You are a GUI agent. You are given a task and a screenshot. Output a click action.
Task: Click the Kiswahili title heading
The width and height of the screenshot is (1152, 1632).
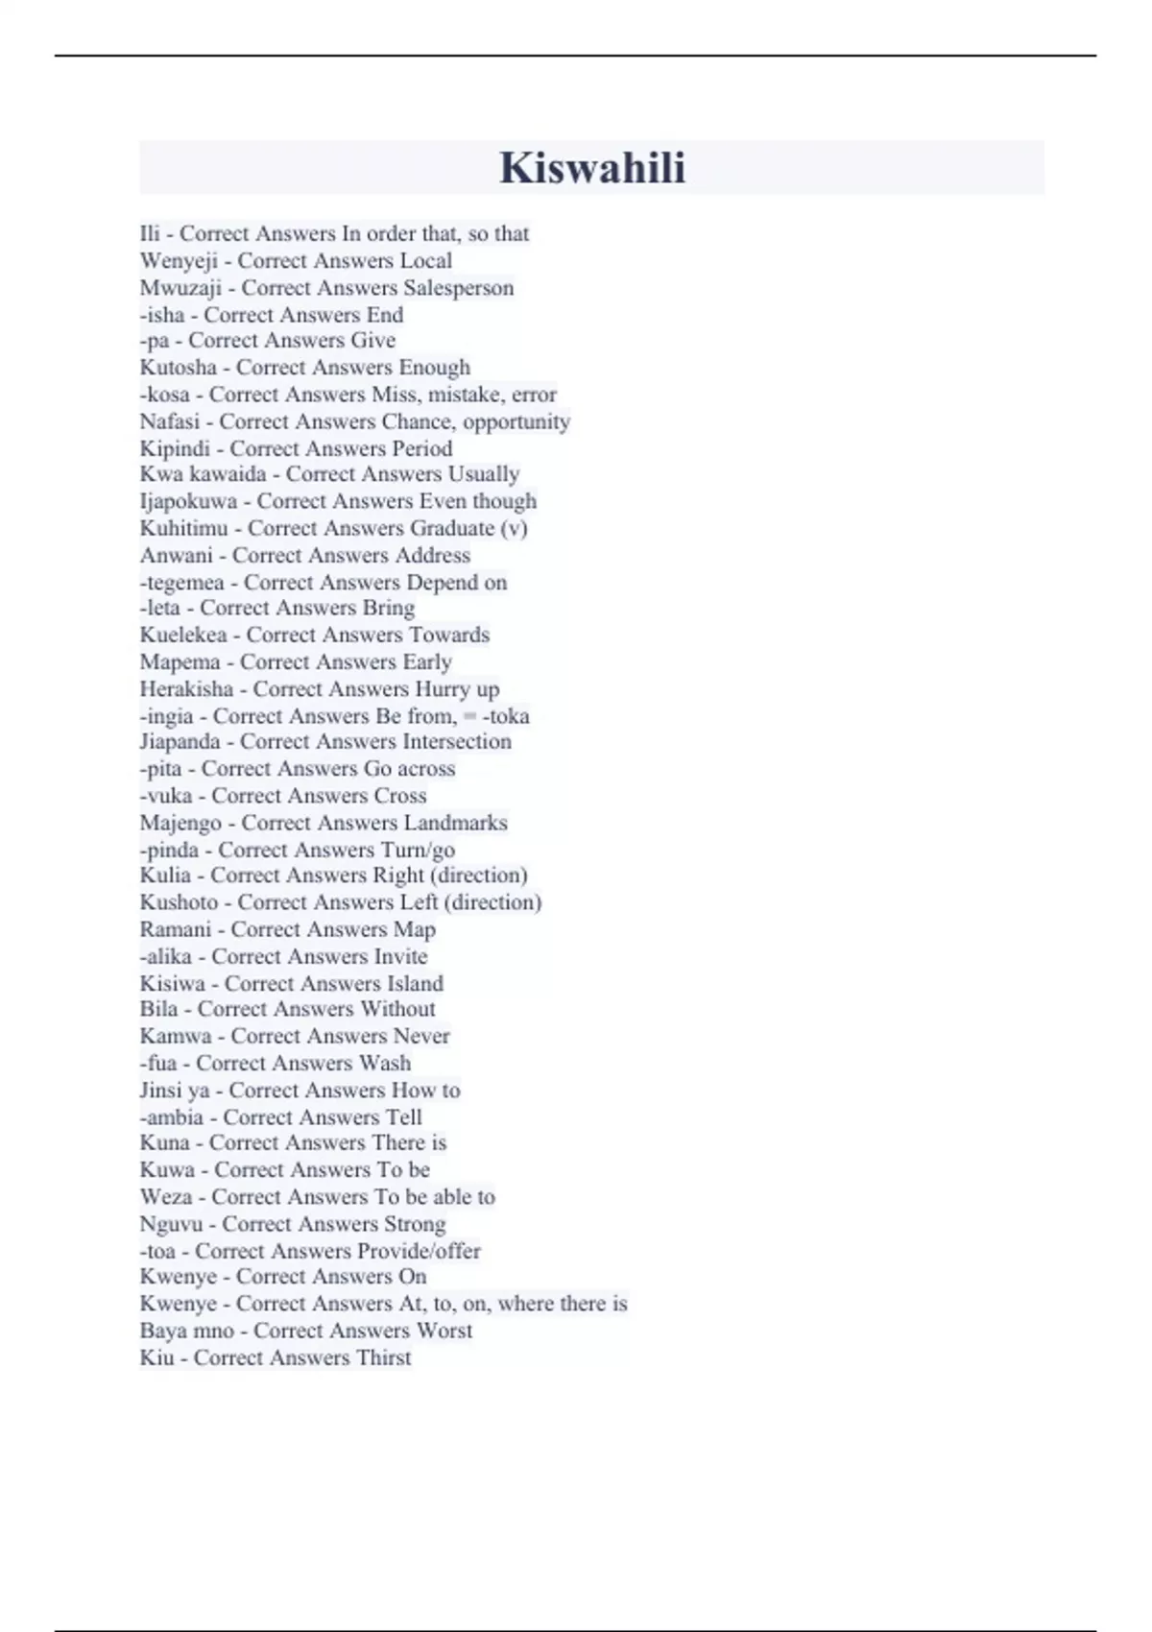(591, 168)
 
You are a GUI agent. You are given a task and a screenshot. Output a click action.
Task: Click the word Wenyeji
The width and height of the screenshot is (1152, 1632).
(179, 261)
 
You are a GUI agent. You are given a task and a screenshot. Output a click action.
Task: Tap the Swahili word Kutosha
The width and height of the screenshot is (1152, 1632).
(179, 368)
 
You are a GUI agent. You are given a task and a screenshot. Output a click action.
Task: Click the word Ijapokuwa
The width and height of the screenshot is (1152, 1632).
(188, 501)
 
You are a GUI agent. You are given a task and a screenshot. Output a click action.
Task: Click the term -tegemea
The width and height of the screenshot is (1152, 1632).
(181, 583)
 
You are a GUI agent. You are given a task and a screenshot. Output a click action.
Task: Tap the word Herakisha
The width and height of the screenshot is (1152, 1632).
(186, 689)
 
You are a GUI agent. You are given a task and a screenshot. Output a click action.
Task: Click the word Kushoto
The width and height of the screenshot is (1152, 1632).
(179, 902)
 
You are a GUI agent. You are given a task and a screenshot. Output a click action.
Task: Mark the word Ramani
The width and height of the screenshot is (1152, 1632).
(176, 929)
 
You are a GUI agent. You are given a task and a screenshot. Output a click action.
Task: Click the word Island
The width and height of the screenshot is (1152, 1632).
(415, 983)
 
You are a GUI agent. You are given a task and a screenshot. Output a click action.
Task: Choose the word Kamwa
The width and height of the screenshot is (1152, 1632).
(176, 1036)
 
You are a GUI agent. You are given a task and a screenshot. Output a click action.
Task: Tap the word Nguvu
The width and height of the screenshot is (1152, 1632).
(171, 1224)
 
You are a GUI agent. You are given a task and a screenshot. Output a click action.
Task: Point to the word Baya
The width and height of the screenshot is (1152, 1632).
(159, 1331)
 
